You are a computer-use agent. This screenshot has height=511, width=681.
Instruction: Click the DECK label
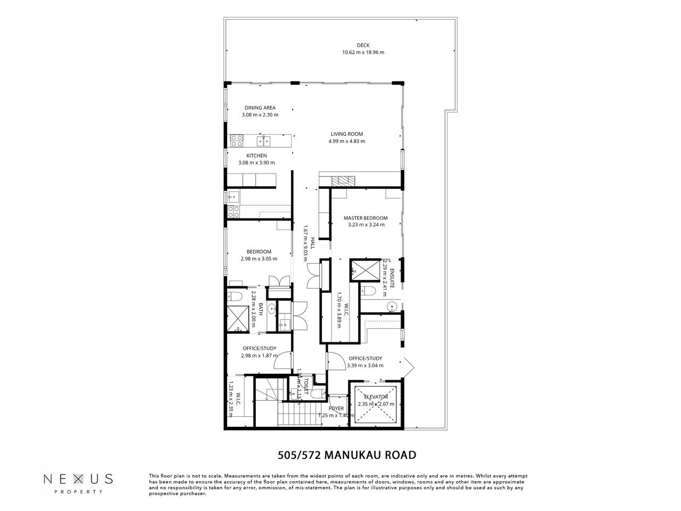pyautogui.click(x=363, y=45)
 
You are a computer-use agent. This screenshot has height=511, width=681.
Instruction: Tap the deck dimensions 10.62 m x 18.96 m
pyautogui.click(x=363, y=52)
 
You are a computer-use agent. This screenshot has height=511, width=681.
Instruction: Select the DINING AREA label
pyautogui.click(x=260, y=108)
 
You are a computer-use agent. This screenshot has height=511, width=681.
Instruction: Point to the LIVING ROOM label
pyautogui.click(x=347, y=134)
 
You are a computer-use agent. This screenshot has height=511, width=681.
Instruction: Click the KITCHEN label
pyautogui.click(x=256, y=155)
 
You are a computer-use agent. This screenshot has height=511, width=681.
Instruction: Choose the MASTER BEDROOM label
pyautogui.click(x=366, y=218)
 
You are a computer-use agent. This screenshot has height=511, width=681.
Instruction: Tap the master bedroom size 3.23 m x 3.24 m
pyautogui.click(x=366, y=225)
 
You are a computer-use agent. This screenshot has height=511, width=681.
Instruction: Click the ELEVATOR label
pyautogui.click(x=376, y=397)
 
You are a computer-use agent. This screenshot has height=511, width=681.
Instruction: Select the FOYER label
pyautogui.click(x=336, y=409)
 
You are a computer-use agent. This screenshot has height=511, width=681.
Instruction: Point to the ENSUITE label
pyautogui.click(x=392, y=279)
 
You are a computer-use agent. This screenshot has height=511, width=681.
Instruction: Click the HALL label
pyautogui.click(x=313, y=244)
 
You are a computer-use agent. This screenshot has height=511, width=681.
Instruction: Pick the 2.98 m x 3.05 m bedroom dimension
pyautogui.click(x=259, y=259)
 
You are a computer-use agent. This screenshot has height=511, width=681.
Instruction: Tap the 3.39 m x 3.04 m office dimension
pyautogui.click(x=366, y=366)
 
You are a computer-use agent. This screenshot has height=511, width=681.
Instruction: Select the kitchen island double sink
pyautogui.click(x=263, y=141)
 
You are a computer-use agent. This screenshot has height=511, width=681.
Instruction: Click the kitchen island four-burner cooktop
pyautogui.click(x=236, y=141)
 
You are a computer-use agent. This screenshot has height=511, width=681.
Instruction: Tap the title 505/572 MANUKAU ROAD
pyautogui.click(x=347, y=455)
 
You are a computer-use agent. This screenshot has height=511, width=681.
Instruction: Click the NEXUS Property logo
pyautogui.click(x=78, y=481)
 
